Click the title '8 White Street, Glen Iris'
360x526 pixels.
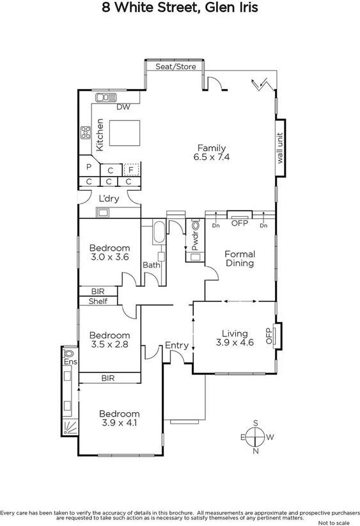pos(180,8)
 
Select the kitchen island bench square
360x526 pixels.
pos(122,133)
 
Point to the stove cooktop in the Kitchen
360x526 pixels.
pos(84,133)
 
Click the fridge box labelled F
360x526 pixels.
pos(131,170)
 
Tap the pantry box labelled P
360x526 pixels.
pos(88,168)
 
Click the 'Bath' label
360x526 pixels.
pos(151,264)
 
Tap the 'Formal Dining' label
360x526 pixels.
pos(240,259)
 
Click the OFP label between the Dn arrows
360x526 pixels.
pos(239,223)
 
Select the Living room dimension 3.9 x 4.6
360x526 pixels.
pos(234,342)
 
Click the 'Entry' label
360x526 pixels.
pos(176,346)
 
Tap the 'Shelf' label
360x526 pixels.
pos(98,301)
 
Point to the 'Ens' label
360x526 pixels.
pos(69,363)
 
